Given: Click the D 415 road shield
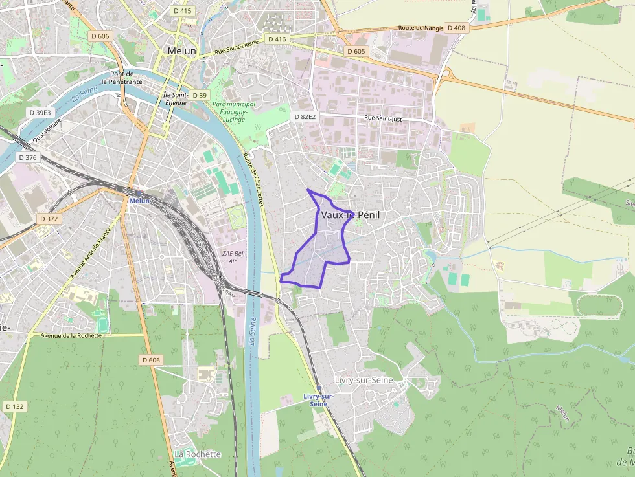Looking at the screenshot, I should [183, 11].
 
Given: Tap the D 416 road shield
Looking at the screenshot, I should [277, 39].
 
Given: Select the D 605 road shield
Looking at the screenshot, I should [356, 51].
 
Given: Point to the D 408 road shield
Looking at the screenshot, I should [456, 28].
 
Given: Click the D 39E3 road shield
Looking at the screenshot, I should [40, 112].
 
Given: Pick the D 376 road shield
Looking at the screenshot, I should [28, 157].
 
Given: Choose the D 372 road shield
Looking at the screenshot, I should [49, 219].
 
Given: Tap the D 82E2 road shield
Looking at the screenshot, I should [305, 117].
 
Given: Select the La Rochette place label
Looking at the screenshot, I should [198, 454].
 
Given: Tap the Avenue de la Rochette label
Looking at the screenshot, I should [71, 335].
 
